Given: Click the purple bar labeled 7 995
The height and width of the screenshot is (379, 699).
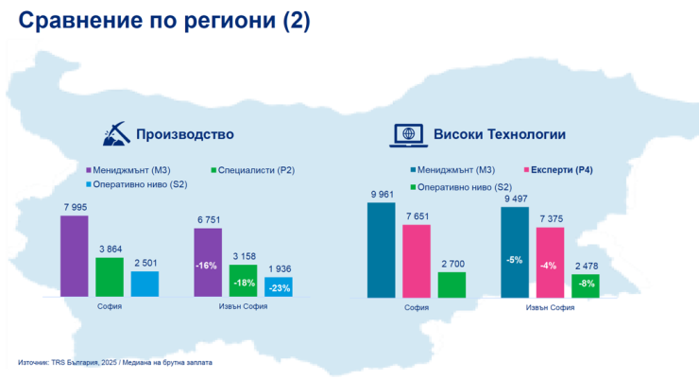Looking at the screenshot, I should point(74,255).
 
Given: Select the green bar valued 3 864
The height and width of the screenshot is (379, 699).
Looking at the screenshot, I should point(110,276).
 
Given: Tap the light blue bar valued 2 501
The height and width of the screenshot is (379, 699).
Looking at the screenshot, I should point(145,284).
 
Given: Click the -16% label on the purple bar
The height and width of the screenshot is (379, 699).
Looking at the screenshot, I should point(208,266).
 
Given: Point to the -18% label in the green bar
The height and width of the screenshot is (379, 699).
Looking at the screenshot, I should point(244,283).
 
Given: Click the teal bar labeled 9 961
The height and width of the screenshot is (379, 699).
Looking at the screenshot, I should point(382,250).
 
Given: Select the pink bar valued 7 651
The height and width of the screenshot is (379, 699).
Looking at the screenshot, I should point(417,260).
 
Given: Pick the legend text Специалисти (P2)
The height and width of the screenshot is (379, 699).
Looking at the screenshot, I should point(257,171).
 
